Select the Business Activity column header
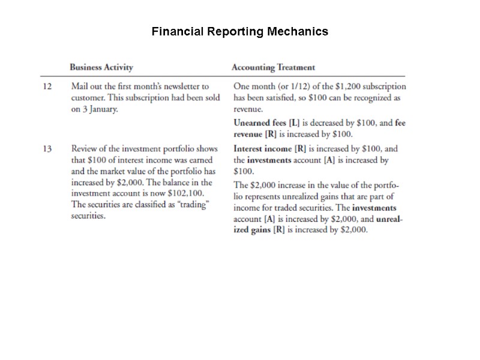click(101, 67)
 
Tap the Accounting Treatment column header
click(274, 67)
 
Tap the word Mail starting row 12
click(80, 87)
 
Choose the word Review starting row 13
click(85, 149)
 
